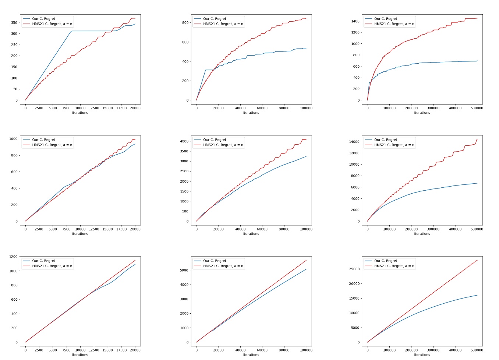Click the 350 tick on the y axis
pos(14,23)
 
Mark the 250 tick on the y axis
pos(14,45)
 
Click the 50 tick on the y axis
pos(15,89)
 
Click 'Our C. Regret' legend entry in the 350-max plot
pos(43,19)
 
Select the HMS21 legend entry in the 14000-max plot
pos(394,145)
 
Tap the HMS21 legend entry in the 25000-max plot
pos(394,266)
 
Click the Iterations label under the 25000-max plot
pos(422,355)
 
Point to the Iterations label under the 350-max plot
pos(80,113)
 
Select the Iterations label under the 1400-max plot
pos(422,113)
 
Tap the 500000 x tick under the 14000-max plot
pos(477,229)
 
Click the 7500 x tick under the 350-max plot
pos(66,108)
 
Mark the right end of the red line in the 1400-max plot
pos(477,18)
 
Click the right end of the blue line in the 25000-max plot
pos(477,295)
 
